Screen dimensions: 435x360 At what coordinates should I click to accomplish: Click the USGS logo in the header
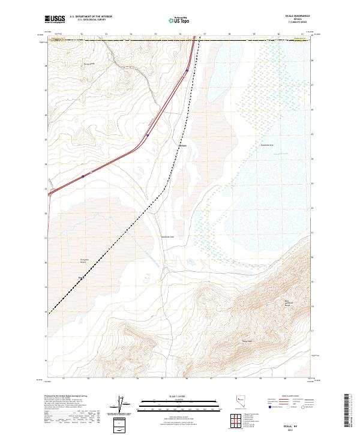point(55,19)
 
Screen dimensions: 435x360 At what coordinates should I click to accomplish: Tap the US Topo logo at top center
point(174,19)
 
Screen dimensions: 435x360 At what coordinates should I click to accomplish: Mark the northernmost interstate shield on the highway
point(187,70)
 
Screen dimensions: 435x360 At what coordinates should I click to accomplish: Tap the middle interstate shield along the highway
point(148,135)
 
